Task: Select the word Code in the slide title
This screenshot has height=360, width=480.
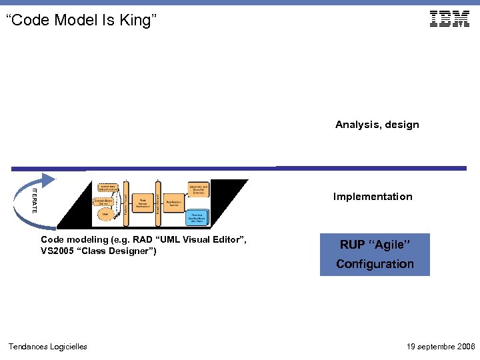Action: pyautogui.click(x=31, y=21)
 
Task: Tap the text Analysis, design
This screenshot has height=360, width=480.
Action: pyautogui.click(x=377, y=125)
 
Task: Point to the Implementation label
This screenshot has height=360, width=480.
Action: pyautogui.click(x=373, y=197)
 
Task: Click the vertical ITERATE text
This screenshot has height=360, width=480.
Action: pyautogui.click(x=35, y=201)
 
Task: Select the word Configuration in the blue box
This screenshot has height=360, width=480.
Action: pyautogui.click(x=375, y=264)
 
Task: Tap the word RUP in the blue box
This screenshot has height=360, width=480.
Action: pyautogui.click(x=352, y=245)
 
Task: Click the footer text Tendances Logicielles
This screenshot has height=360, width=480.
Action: pyautogui.click(x=47, y=347)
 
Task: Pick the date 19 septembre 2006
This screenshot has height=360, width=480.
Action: pyautogui.click(x=441, y=347)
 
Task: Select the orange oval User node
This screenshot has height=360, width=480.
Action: pyautogui.click(x=105, y=214)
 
